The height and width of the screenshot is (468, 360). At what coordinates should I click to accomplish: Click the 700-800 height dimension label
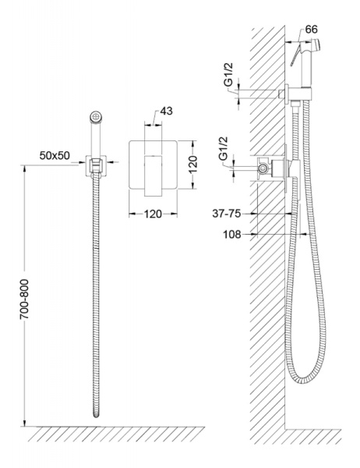tap(24, 300)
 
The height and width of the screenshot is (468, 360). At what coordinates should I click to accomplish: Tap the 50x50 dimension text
tap(55, 155)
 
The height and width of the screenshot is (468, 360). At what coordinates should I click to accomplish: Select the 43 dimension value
tap(166, 111)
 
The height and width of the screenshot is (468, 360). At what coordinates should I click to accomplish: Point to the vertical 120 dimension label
tap(192, 164)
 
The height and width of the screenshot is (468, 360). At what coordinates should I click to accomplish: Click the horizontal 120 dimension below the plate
tap(153, 214)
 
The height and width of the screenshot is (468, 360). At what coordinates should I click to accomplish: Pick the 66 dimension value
tap(312, 30)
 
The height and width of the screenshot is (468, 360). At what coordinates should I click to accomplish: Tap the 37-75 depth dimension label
tap(227, 214)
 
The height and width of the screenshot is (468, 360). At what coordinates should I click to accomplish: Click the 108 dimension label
tap(232, 235)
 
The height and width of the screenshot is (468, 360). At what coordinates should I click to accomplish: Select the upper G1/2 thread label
tap(229, 75)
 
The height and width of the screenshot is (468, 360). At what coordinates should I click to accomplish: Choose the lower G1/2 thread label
tap(224, 149)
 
